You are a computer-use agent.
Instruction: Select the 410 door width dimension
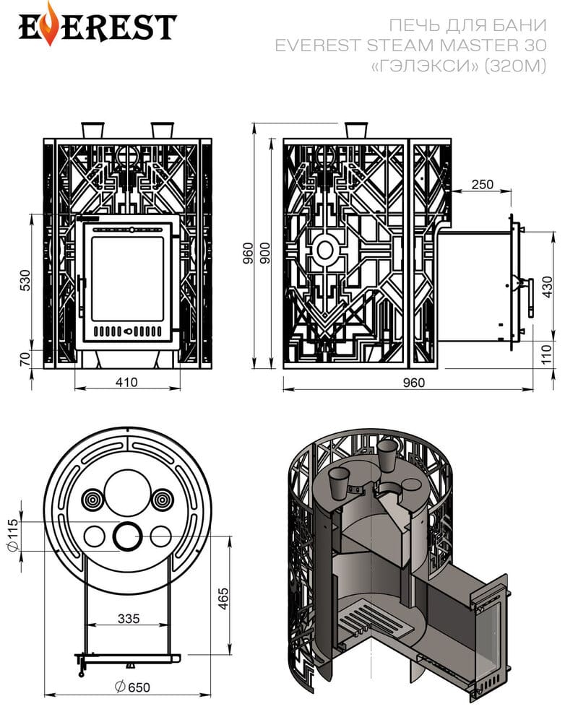126,382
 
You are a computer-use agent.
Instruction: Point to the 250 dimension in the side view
482,184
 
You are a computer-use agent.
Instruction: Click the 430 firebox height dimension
547,287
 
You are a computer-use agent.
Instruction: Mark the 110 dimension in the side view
546,355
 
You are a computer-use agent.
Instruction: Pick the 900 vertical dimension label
265,253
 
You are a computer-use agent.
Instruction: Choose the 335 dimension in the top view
128,619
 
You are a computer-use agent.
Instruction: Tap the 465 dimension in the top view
223,599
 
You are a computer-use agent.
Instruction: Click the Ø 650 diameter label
132,687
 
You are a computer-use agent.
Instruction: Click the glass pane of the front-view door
128,279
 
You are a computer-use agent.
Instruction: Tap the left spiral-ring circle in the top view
93,500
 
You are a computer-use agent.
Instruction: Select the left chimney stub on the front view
92,129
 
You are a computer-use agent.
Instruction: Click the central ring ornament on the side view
325,250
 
